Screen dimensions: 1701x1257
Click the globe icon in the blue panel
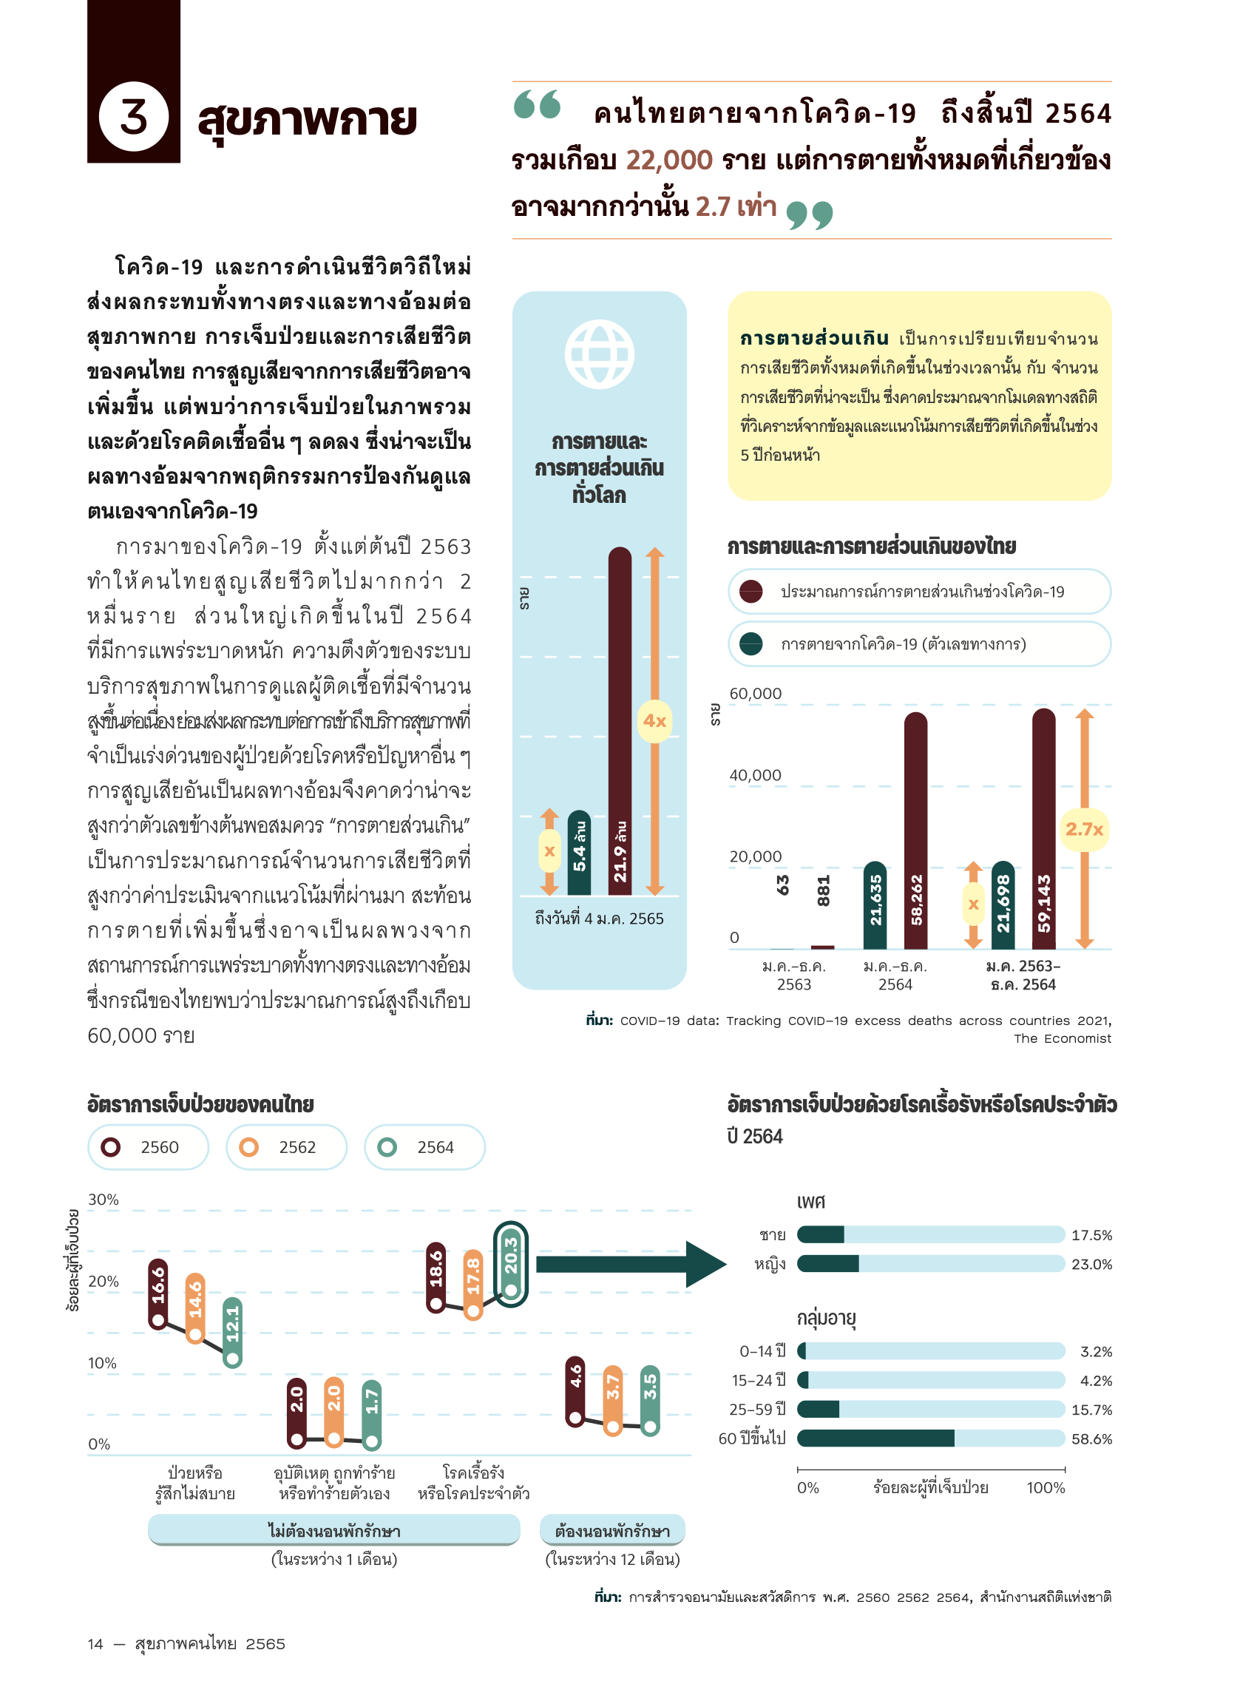[x=599, y=354]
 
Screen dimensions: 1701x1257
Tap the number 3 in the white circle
[x=134, y=117]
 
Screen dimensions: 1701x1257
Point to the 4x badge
[x=654, y=721]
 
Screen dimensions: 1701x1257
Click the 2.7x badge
[x=1083, y=829]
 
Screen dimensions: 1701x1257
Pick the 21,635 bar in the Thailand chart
[x=875, y=905]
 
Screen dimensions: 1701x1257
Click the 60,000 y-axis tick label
[x=755, y=693]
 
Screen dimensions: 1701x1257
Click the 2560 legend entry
[x=148, y=1147]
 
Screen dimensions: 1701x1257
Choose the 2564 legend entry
[x=424, y=1147]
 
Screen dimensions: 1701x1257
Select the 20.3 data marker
[x=510, y=1263]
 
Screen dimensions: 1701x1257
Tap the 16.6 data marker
[x=158, y=1293]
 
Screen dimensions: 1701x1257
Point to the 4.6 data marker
[x=575, y=1390]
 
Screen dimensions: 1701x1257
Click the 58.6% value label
[x=1091, y=1438]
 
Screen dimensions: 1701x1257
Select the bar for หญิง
[x=930, y=1264]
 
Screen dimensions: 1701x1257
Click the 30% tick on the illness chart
[x=104, y=1200]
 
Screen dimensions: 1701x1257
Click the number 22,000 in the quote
[x=669, y=160]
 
